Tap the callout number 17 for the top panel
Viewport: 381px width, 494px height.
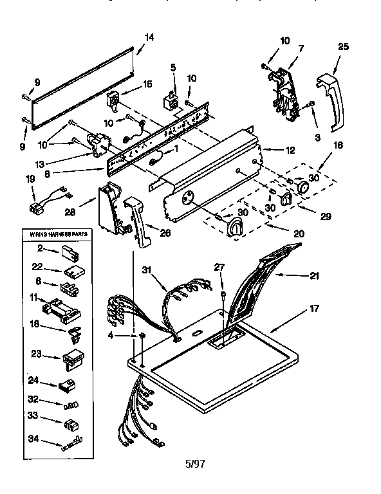pyautogui.click(x=314, y=308)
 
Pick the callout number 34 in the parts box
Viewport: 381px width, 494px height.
pyautogui.click(x=32, y=440)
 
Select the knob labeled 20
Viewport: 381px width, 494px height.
pyautogui.click(x=236, y=226)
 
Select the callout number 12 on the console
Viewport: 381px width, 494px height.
pyautogui.click(x=290, y=150)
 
